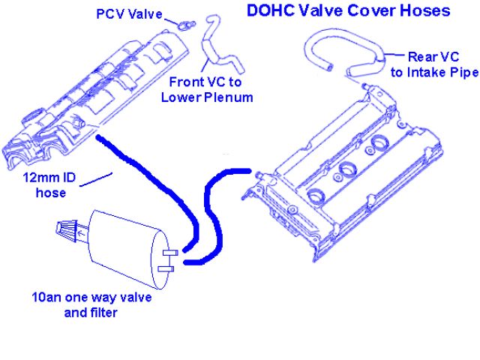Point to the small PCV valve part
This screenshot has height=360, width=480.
184,22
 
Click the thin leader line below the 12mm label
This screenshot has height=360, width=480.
96,180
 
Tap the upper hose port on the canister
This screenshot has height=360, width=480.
169,250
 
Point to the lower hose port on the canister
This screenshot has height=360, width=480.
167,267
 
